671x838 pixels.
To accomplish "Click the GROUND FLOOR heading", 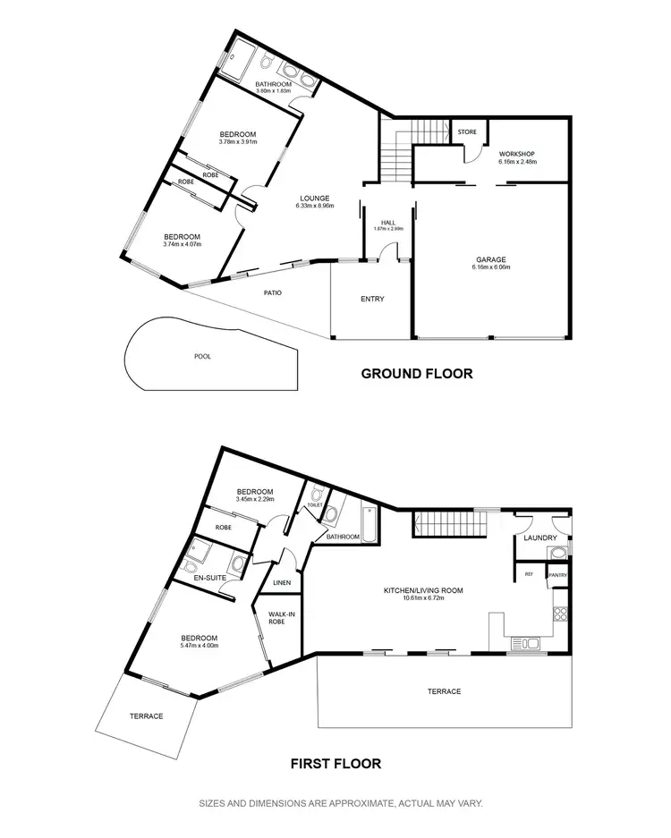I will coord(416,374).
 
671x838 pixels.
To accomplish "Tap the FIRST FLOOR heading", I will coord(336,764).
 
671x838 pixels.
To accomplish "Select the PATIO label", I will coord(274,292).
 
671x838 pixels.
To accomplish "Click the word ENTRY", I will coord(372,299).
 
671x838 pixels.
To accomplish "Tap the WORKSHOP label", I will coord(516,153).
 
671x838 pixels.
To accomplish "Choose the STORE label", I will coord(467,132).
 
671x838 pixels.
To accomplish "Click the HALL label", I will coord(388,222).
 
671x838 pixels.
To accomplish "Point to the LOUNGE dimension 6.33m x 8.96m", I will coord(315,206).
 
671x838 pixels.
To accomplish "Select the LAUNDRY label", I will coord(541,538).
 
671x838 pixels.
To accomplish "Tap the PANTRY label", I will coord(558,575).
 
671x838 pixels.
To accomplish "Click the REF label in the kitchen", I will coord(529,574).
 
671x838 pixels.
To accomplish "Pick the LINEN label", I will coord(281,582).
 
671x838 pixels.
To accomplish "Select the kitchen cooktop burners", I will coord(559,614).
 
